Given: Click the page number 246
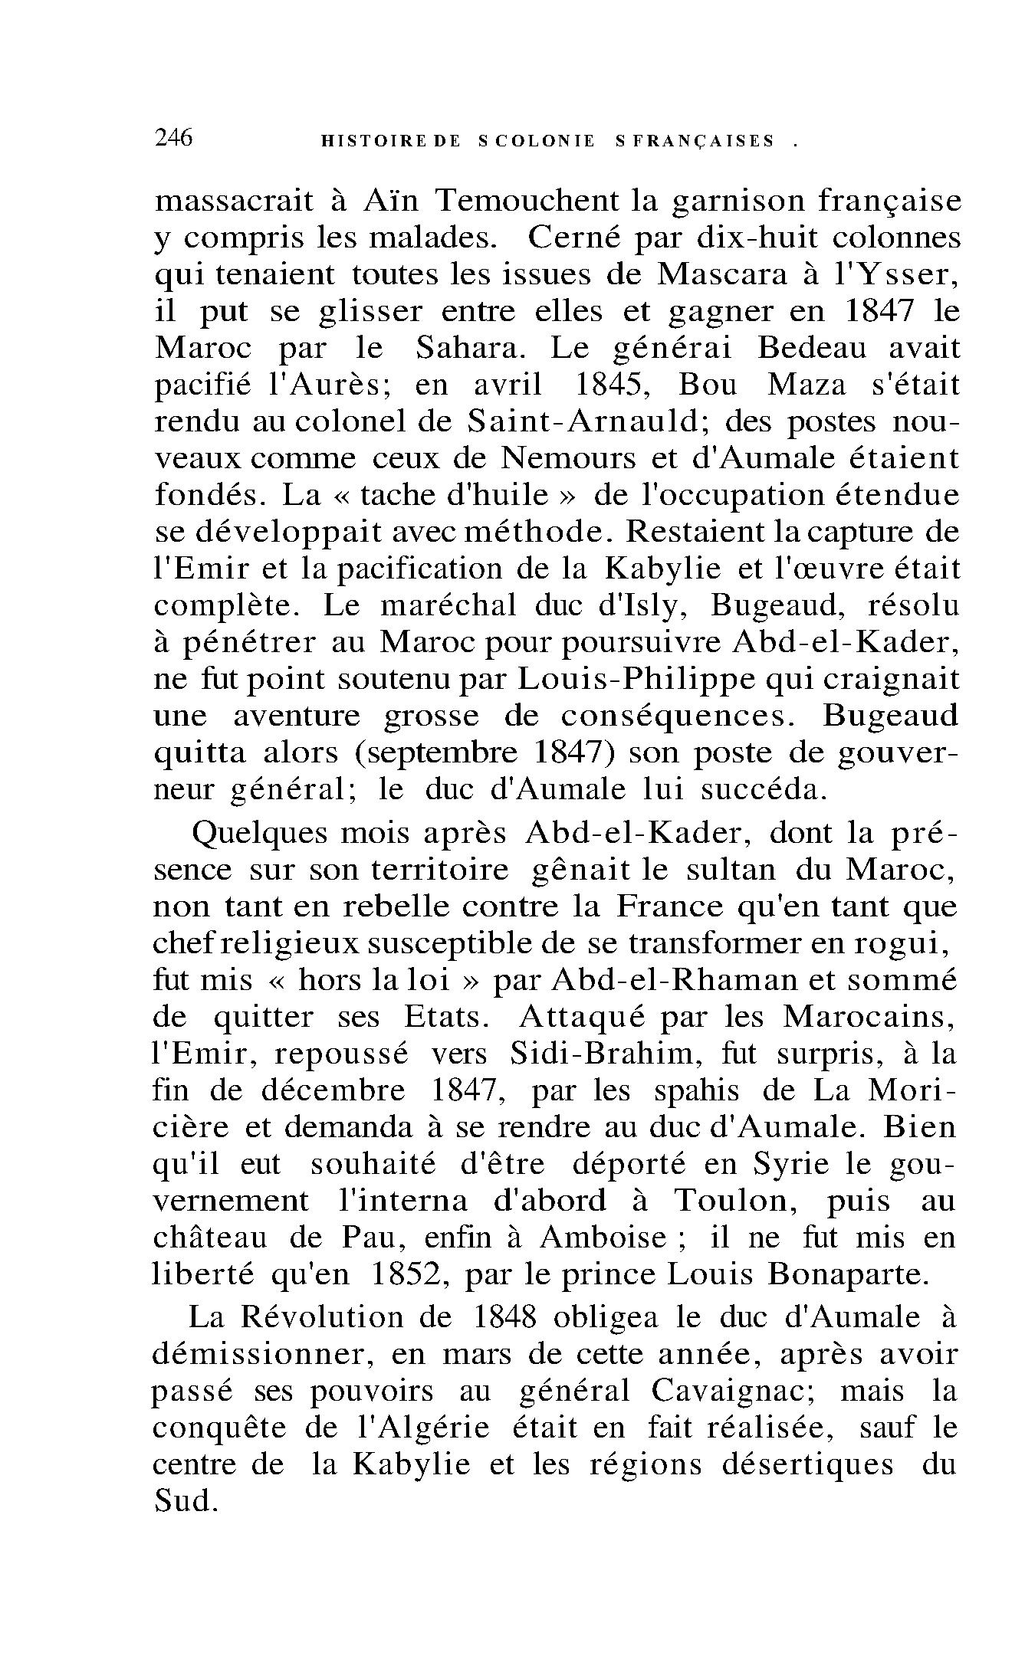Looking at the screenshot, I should (174, 138).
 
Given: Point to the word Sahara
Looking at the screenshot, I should (471, 348).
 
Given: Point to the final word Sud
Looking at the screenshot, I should (187, 1501).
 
